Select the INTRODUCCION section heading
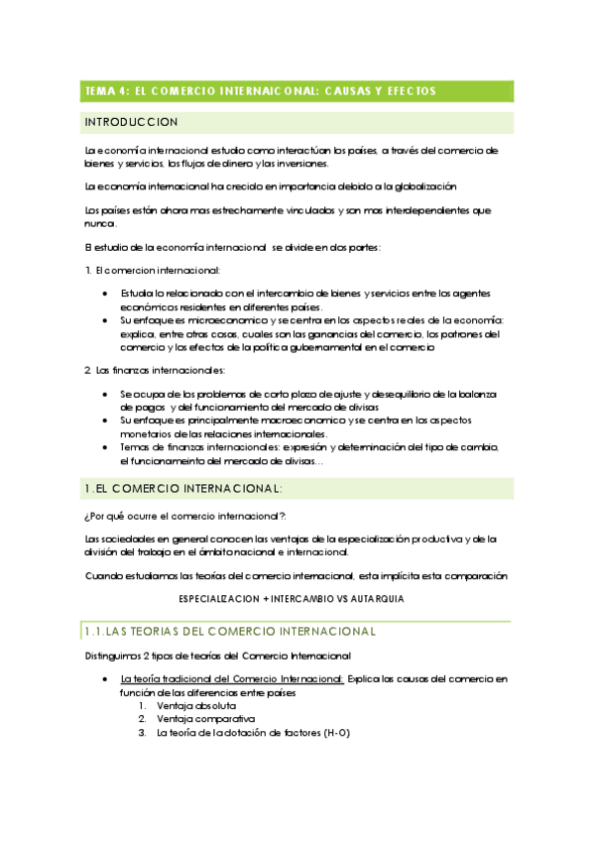coord(132,122)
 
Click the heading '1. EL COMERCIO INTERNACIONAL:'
coord(184,488)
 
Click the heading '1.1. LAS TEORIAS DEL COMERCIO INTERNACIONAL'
coord(229,631)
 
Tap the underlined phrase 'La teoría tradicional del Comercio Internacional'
coord(231,678)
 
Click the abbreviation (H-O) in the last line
coord(336,733)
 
